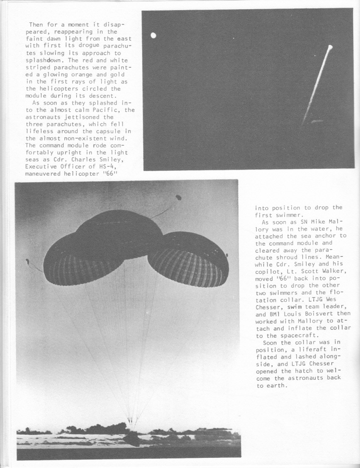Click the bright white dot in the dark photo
(x=153, y=36)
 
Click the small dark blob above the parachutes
(x=179, y=198)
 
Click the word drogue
(x=87, y=45)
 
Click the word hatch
(x=300, y=372)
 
